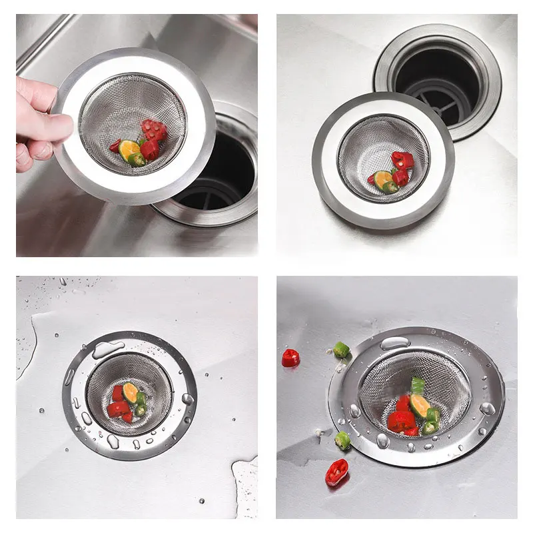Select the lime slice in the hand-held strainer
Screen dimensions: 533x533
129,151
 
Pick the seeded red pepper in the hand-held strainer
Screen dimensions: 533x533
154,129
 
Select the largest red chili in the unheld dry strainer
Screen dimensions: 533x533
402,160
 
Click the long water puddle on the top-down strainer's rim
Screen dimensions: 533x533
108,348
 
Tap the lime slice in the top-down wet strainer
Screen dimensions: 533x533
131,393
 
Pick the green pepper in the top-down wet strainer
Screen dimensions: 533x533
141,404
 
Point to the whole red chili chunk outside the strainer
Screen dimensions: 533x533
290,358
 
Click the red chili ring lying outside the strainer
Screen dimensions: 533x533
337,472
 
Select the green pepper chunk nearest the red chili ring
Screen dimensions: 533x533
343,440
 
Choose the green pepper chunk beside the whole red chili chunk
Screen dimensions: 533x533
341,350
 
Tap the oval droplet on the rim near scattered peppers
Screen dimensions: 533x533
395,342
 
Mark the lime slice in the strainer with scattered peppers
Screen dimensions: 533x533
420,404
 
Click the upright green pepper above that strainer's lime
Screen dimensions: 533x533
418,385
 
